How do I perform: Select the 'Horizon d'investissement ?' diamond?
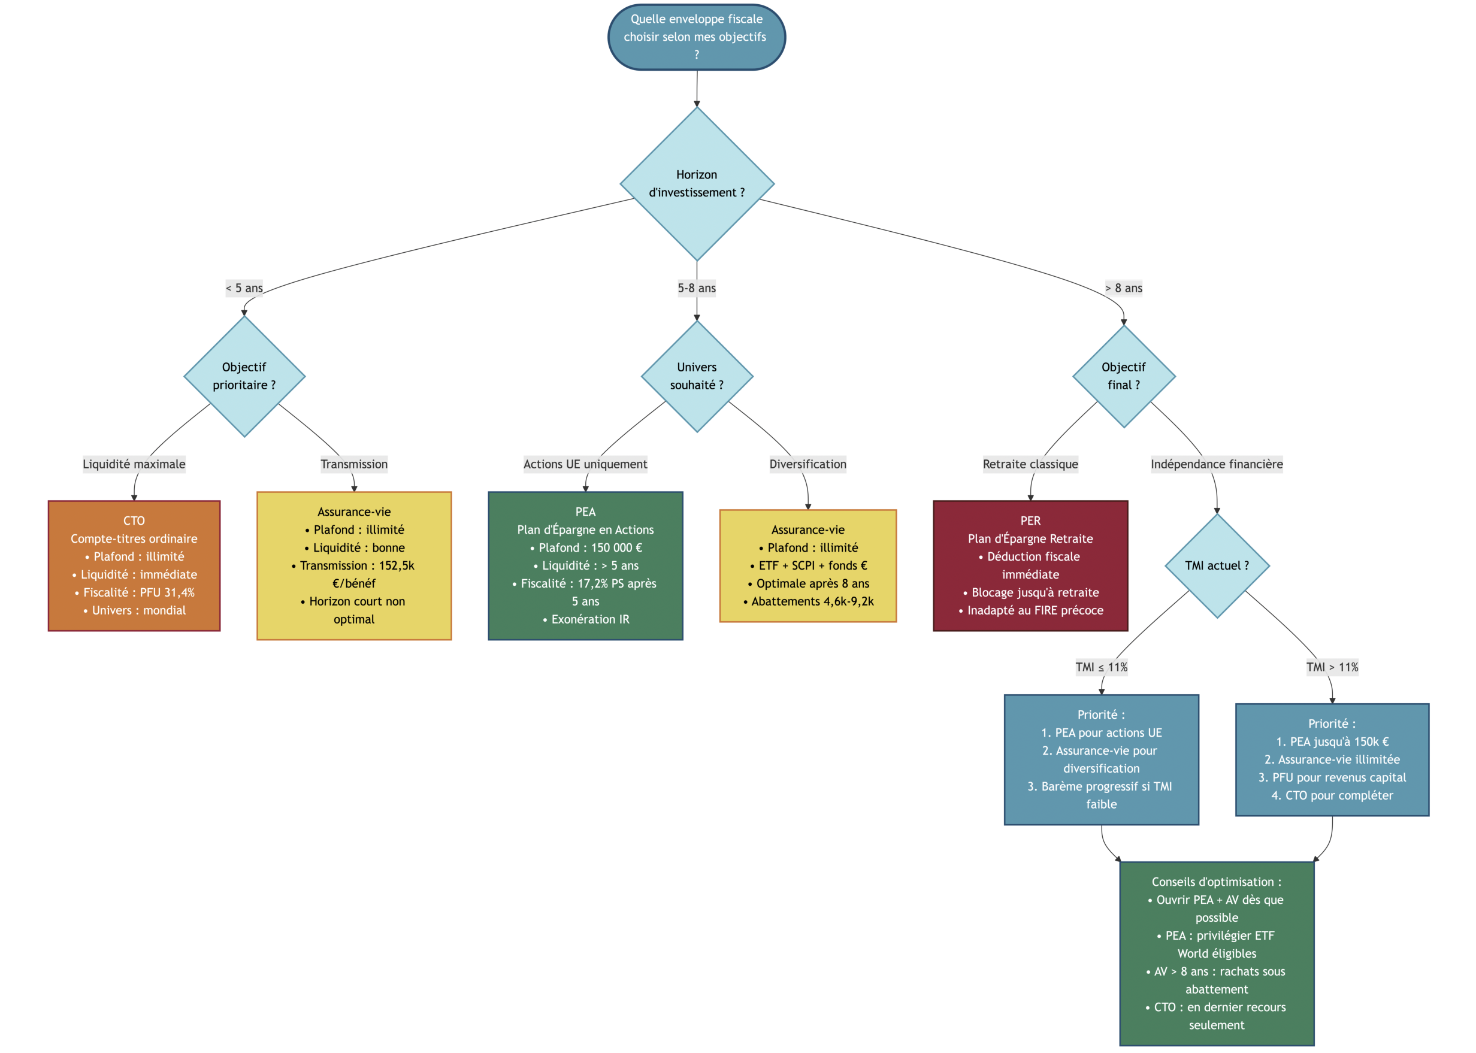[697, 183]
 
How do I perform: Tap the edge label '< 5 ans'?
[244, 288]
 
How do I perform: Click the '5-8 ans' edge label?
[697, 288]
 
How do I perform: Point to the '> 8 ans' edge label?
[1123, 288]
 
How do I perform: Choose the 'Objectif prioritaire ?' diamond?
[244, 376]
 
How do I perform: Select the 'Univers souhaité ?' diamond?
[697, 376]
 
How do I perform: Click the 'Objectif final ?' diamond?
[1123, 376]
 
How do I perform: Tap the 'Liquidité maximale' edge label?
[134, 464]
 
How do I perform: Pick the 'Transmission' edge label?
[354, 464]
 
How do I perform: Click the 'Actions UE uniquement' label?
[585, 464]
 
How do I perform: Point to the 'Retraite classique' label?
[1030, 464]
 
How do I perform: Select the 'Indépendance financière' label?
[1217, 464]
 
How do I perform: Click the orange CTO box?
[134, 565]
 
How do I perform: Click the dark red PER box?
[1030, 565]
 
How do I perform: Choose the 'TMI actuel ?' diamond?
[1217, 565]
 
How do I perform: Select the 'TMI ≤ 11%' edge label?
[1101, 667]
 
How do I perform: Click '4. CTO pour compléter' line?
[1332, 795]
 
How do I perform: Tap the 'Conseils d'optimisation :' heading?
[1217, 882]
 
